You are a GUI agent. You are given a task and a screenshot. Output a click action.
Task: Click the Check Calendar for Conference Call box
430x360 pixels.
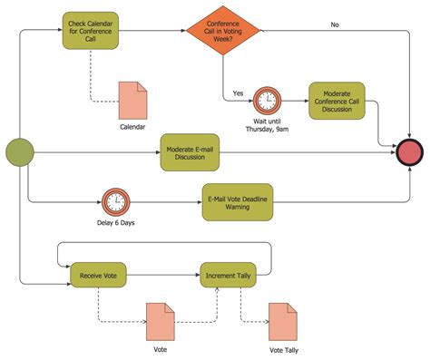tap(90, 29)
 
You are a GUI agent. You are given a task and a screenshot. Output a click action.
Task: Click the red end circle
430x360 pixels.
tap(411, 152)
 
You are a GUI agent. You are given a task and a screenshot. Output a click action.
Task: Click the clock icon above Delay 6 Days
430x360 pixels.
tap(114, 201)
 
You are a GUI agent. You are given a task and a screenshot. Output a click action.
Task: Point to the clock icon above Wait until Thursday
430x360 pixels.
tap(267, 99)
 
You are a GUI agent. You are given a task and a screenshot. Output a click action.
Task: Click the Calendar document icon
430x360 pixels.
tap(132, 98)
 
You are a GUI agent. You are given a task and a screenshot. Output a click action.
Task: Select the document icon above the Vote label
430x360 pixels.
tap(160, 319)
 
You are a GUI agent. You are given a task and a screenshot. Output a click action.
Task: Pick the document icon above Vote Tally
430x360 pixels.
tap(283, 319)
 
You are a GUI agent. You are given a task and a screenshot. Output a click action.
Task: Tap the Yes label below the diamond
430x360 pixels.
tap(238, 92)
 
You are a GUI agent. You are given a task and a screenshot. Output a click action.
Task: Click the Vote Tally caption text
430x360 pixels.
tap(283, 349)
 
